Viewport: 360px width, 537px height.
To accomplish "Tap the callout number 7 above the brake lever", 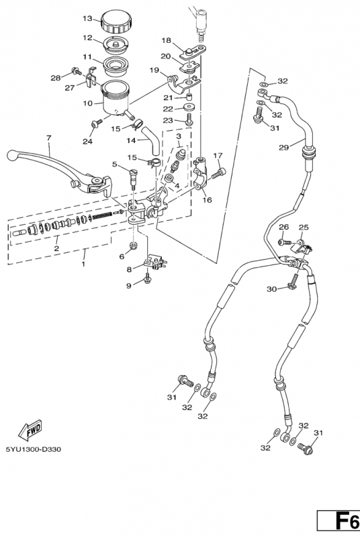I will point(48,139).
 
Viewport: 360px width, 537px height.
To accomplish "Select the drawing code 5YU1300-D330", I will point(33,449).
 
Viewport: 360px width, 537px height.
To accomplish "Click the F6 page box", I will point(342,521).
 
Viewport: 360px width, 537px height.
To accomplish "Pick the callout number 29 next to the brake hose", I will point(283,147).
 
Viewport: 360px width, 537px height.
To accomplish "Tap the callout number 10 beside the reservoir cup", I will point(88,103).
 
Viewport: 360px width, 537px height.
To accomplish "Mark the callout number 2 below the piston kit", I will point(57,248).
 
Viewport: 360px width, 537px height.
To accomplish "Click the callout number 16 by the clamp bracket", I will point(206,199).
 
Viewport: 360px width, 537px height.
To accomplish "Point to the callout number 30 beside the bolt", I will point(271,289).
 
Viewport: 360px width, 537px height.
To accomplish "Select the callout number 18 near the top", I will point(166,40).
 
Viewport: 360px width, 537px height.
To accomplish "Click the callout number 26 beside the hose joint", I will point(283,228).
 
